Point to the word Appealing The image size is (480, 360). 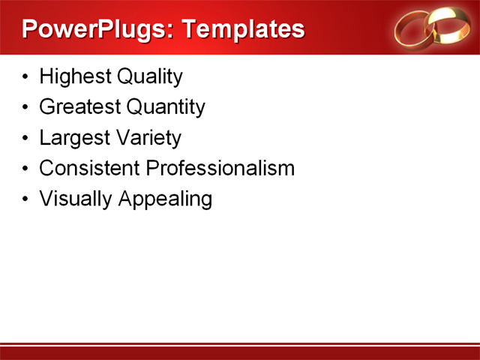point(163,199)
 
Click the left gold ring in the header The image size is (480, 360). point(415,28)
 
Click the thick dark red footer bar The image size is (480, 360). point(240,354)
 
